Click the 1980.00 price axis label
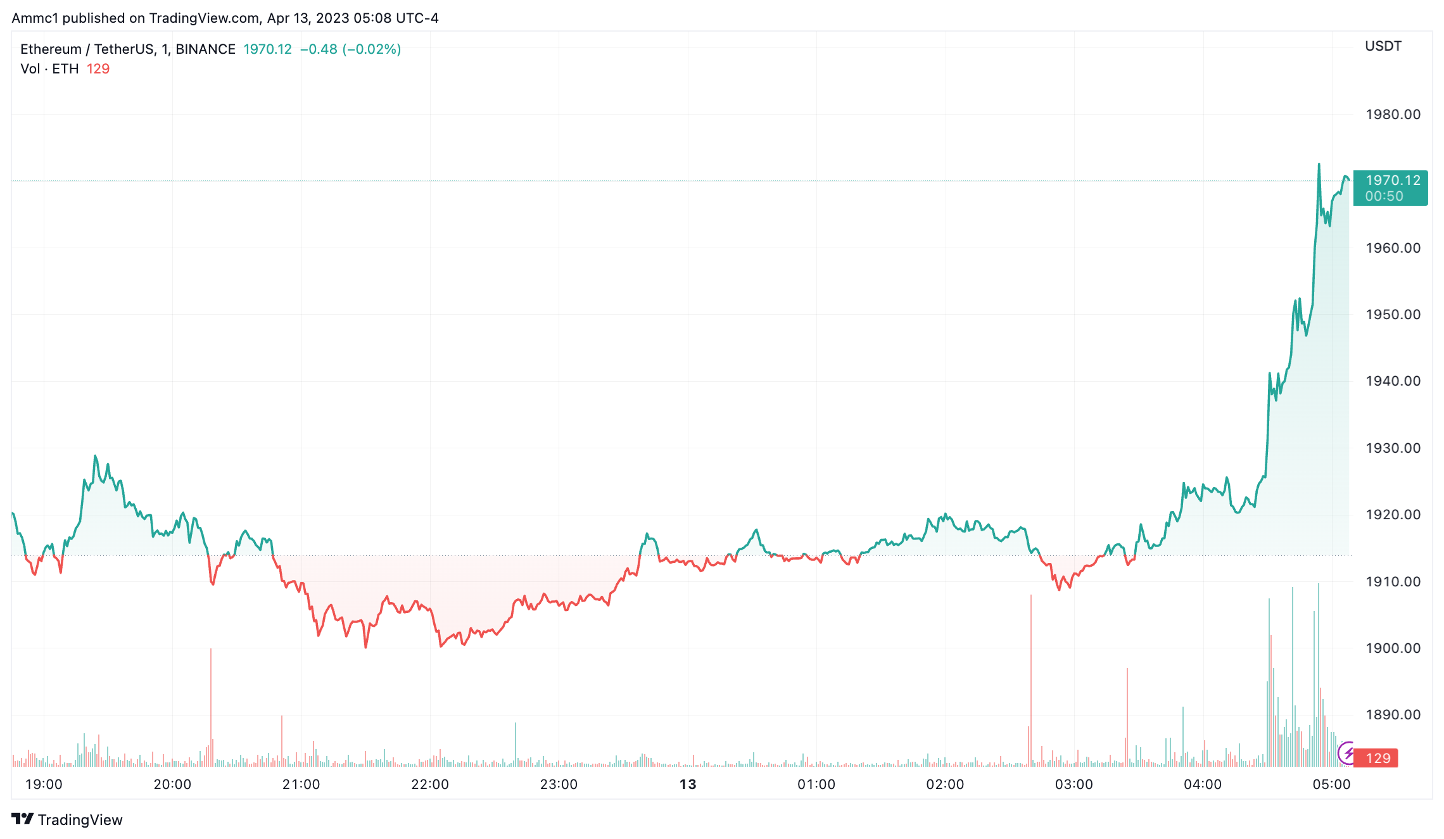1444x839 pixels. (x=1392, y=115)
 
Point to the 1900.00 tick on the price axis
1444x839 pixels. (x=1392, y=648)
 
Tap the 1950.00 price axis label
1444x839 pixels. (x=1392, y=315)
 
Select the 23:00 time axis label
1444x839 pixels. (x=559, y=785)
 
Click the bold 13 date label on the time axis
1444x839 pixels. (x=688, y=785)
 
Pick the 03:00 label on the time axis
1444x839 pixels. (x=1073, y=785)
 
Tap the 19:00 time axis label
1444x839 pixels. (x=44, y=785)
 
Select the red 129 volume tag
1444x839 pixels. (x=1377, y=758)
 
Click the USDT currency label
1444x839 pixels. (x=1383, y=46)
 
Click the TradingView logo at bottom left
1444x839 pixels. (x=66, y=819)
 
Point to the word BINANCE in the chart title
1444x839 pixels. (x=205, y=49)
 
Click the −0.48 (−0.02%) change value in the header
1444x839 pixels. (x=350, y=49)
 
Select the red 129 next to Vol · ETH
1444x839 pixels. (x=98, y=69)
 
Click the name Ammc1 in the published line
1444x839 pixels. (x=35, y=18)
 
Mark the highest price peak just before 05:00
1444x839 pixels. (x=1319, y=165)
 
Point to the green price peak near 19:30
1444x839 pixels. (x=95, y=456)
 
